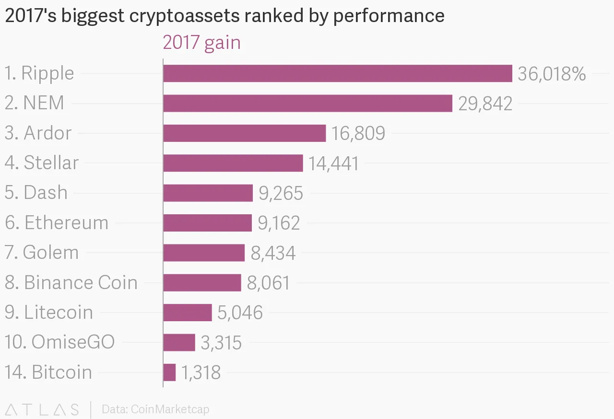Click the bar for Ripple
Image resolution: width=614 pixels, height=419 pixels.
[337, 73]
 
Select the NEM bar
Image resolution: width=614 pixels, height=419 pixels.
[307, 103]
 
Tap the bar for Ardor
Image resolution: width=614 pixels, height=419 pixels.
[244, 133]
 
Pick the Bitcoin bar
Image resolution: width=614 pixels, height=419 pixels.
[169, 372]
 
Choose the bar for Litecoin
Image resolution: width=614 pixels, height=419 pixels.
[187, 312]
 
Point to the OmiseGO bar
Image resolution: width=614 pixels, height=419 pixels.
[179, 342]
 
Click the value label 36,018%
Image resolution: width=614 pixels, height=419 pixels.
[552, 74]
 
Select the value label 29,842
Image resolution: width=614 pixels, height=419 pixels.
[485, 104]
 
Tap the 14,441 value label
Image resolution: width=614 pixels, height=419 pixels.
[333, 163]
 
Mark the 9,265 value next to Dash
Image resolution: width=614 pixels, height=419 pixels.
[281, 193]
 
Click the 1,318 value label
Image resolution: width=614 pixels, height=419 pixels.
[201, 372]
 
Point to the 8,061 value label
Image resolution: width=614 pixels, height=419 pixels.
[269, 283]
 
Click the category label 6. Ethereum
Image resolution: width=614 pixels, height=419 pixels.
[57, 222]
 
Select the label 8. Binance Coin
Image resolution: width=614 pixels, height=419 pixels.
[71, 282]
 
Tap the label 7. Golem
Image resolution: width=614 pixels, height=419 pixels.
[42, 252]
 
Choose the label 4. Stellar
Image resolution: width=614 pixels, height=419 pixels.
[42, 163]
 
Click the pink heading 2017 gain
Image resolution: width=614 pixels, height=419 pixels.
[201, 43]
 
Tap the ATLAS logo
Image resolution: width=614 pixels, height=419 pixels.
[42, 409]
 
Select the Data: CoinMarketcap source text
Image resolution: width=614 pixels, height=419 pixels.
[155, 409]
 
